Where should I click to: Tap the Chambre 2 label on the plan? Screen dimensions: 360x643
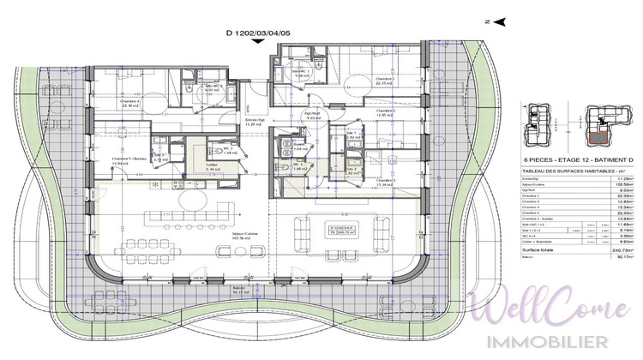coord(388,112)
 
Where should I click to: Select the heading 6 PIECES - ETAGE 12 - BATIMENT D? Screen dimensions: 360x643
coord(562,159)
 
